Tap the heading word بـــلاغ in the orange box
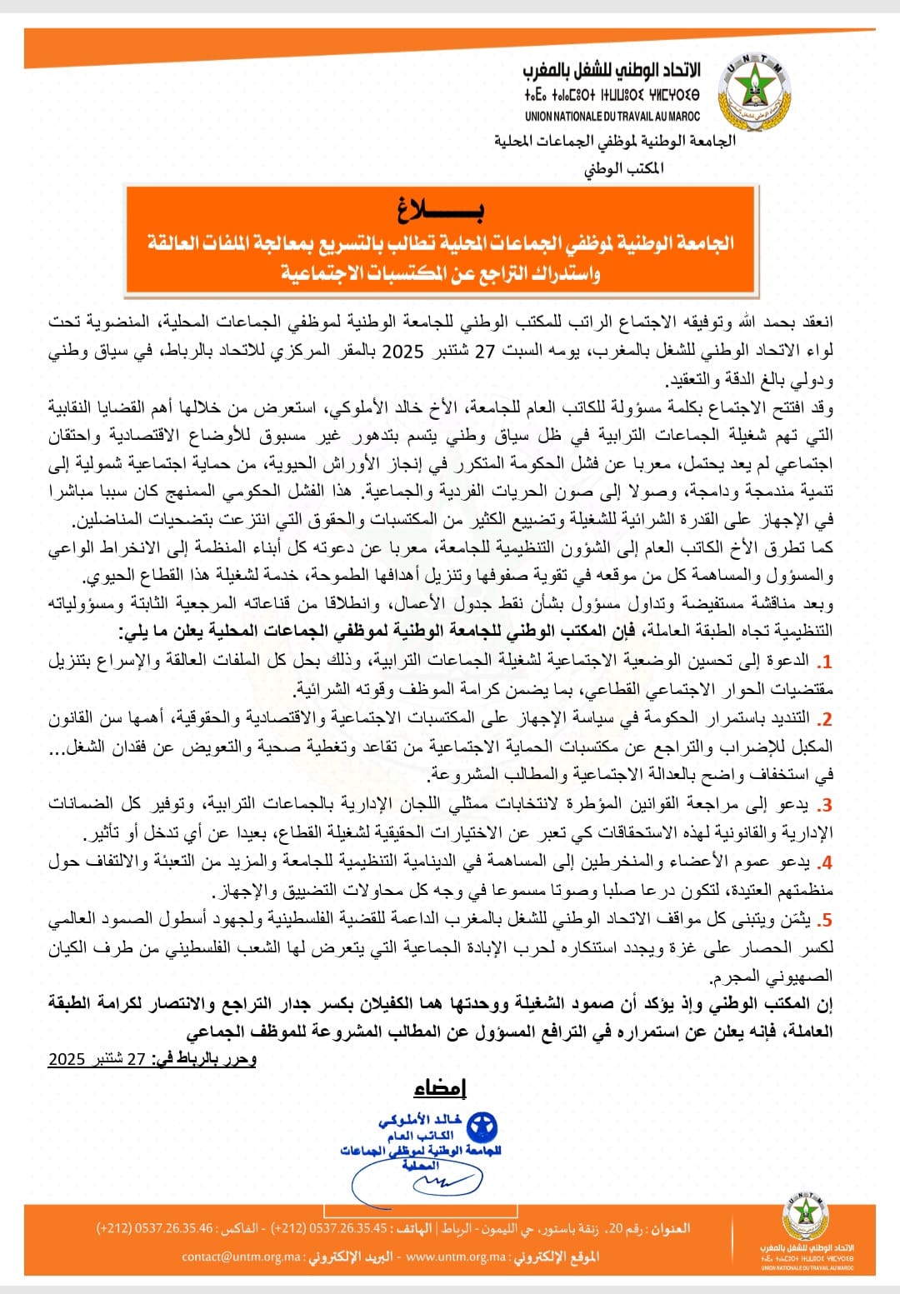(441, 210)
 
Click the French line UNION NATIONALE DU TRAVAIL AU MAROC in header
(612, 117)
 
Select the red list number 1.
(825, 663)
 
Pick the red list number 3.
(825, 806)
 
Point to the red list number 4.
(825, 863)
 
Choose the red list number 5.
(825, 921)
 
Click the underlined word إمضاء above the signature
(439, 1089)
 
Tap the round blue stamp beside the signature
(482, 1128)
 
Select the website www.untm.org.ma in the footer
(456, 1257)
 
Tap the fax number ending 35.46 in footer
(155, 1229)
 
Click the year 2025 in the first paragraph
(403, 352)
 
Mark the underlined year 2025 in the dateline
(67, 1060)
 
